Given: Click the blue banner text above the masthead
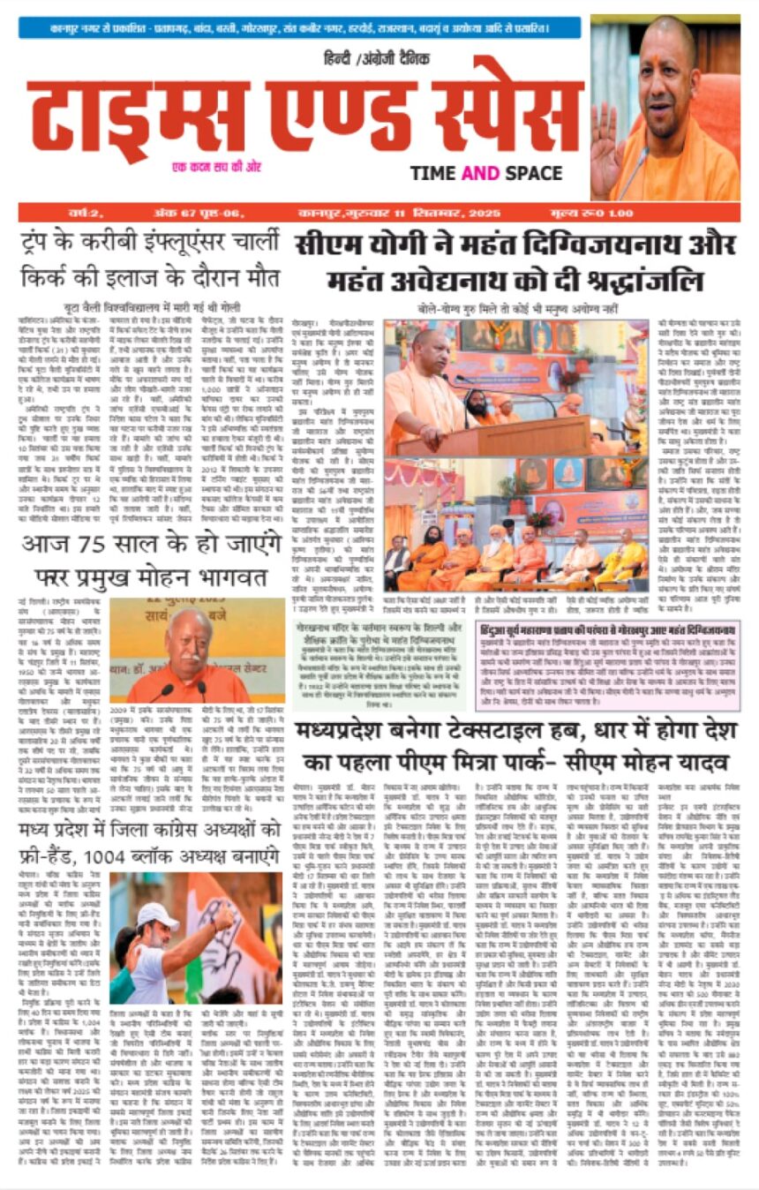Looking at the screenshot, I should [300, 28].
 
